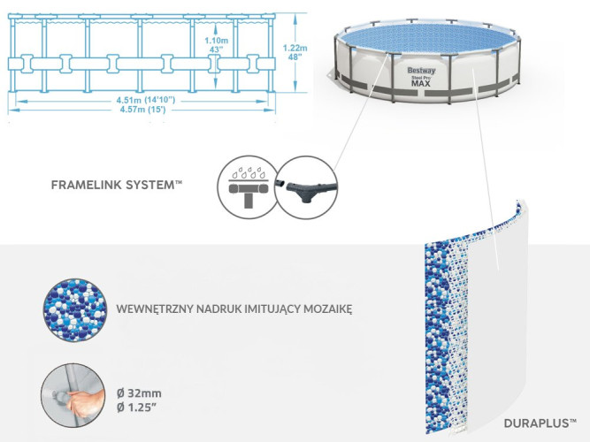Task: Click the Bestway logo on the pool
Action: click(420, 70)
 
